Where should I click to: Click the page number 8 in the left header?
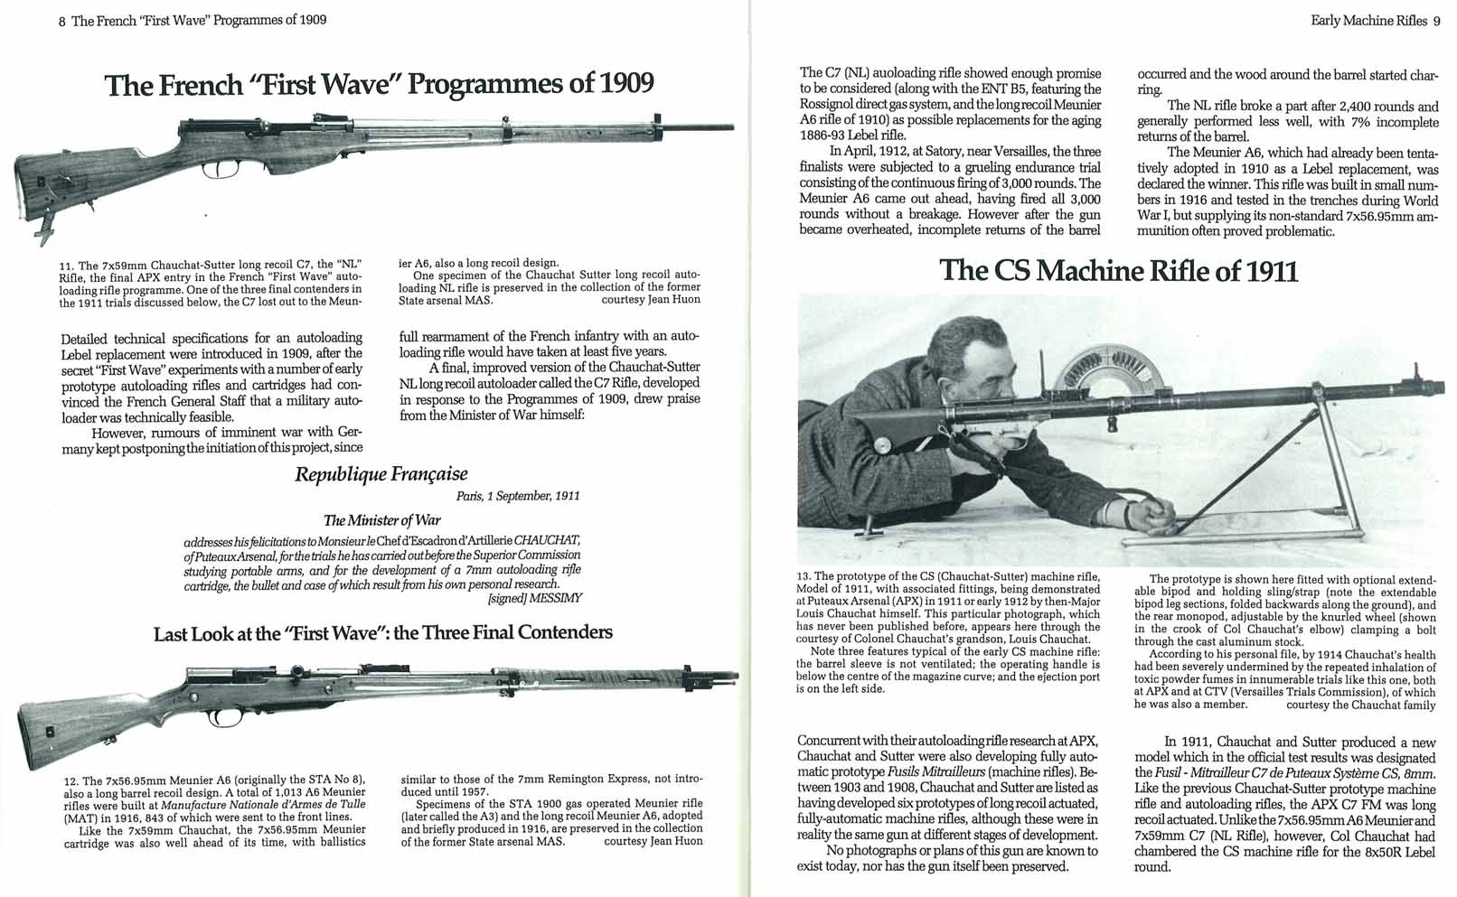coord(61,20)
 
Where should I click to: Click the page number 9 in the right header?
coord(1436,21)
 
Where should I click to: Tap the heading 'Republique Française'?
coord(381,474)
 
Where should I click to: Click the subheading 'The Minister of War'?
coord(381,520)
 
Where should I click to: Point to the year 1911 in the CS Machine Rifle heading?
coord(1267,271)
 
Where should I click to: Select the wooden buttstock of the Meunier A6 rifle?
coord(68,727)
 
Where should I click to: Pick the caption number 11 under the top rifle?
coord(65,266)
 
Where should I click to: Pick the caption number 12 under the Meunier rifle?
coord(70,781)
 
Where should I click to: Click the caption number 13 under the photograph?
coord(804,576)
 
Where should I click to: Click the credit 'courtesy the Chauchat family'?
coord(1360,705)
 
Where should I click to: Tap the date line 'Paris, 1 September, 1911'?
coord(518,496)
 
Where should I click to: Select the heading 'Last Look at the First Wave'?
coord(382,632)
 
